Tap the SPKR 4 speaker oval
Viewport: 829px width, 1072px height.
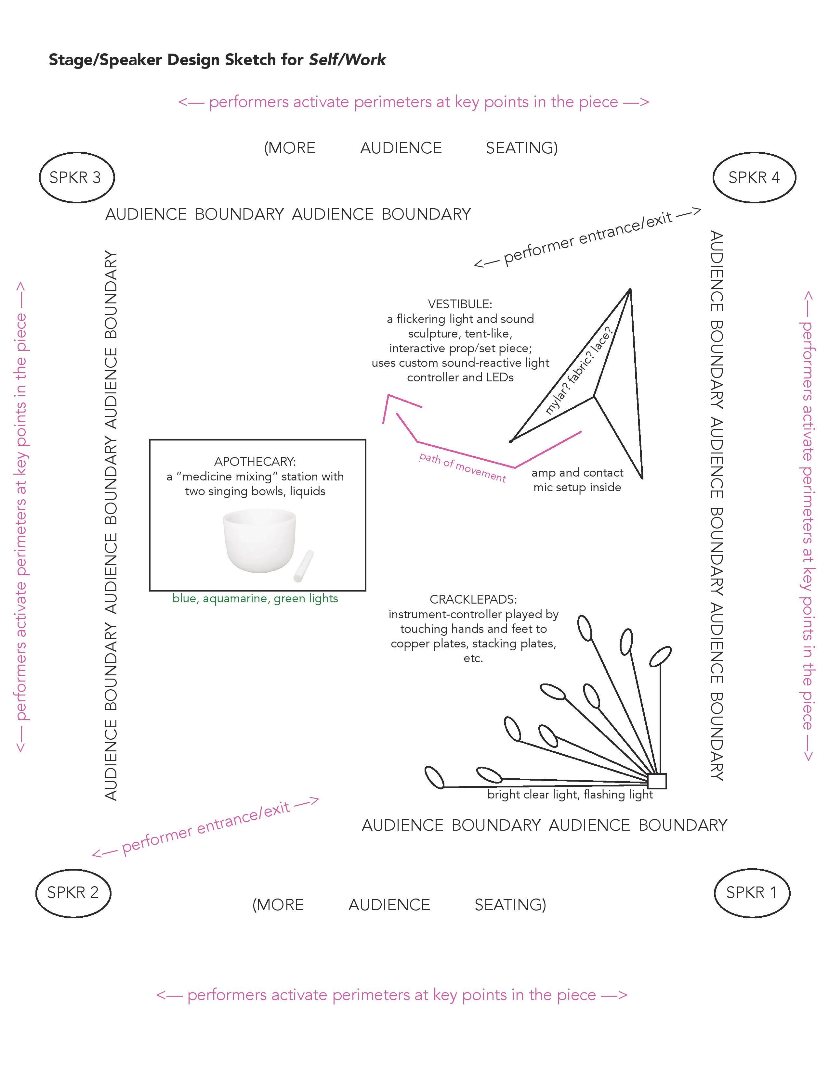click(x=754, y=177)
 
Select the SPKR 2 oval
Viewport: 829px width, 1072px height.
click(x=73, y=892)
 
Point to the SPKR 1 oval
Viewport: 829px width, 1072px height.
click(x=751, y=892)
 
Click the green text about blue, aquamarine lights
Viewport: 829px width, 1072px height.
click(x=255, y=598)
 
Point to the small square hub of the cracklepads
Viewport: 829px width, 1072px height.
click(x=657, y=781)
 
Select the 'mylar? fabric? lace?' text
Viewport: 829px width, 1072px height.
click(x=579, y=372)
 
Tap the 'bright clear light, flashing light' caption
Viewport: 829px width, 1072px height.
click(x=570, y=795)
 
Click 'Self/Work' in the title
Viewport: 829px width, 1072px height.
click(x=347, y=60)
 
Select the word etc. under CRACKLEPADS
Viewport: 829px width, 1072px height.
click(x=473, y=658)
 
